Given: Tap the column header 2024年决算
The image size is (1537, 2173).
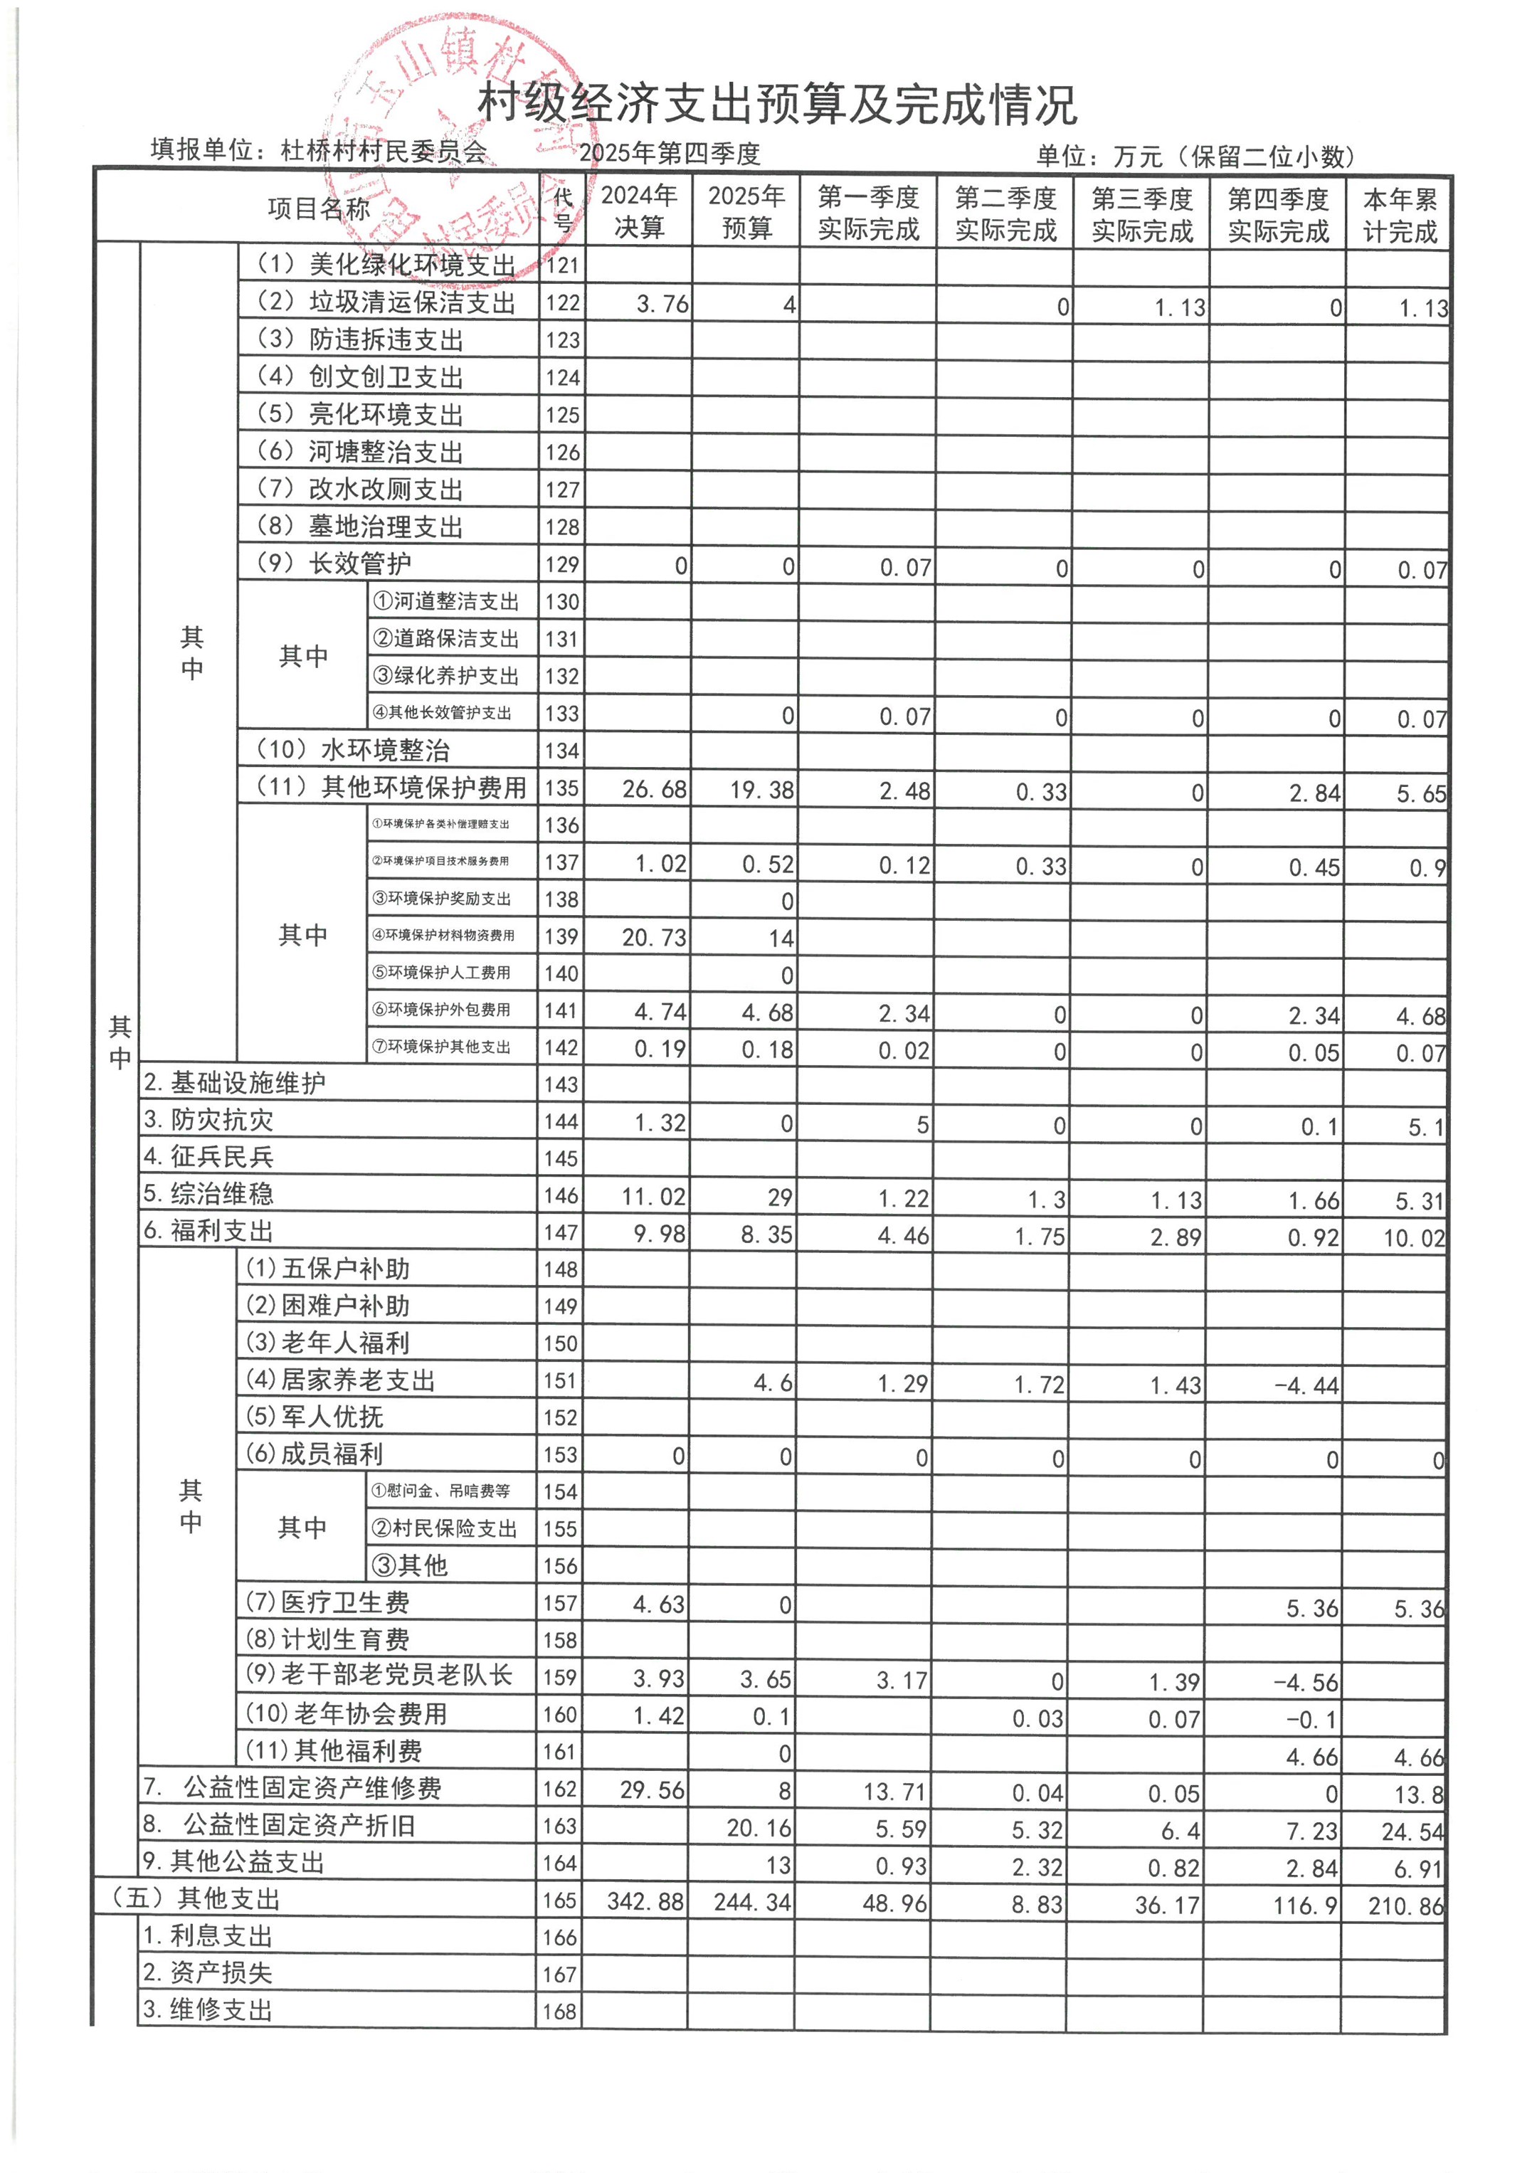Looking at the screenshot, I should pos(639,211).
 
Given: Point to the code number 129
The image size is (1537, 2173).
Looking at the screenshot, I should pos(561,565).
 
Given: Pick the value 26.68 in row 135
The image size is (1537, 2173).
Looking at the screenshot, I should pos(654,789).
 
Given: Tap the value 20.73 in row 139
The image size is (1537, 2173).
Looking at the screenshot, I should pos(654,938).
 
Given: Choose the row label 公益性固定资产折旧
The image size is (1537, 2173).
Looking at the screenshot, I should pos(298,1826).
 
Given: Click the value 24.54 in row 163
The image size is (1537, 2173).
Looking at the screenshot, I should pos(1412,1832).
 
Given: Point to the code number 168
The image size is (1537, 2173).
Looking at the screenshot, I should pos(559,2011).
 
